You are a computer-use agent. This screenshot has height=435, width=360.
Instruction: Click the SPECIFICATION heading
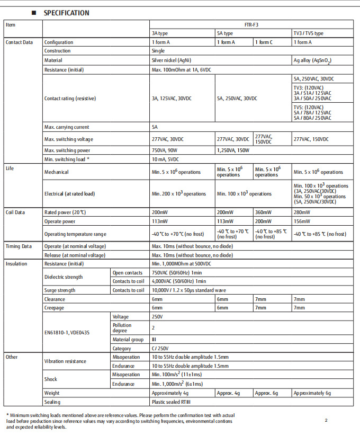pyautogui.click(x=66, y=13)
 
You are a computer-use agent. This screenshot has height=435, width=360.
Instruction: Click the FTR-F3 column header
pyautogui.click(x=250, y=24)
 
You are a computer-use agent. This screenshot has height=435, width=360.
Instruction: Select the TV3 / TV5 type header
pyautogui.click(x=308, y=33)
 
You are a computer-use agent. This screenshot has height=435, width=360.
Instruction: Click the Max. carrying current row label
pyautogui.click(x=67, y=127)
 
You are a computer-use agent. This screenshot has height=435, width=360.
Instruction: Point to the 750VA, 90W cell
pyautogui.click(x=165, y=150)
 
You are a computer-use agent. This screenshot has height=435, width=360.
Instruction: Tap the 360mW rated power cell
pyautogui.click(x=263, y=212)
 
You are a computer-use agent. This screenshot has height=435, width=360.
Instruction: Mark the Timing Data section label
pyautogui.click(x=19, y=246)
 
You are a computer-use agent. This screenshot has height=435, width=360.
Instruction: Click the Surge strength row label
pyautogui.click(x=60, y=290)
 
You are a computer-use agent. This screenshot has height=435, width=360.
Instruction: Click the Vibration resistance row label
pyautogui.click(x=65, y=361)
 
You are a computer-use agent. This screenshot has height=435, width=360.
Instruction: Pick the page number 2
pyautogui.click(x=326, y=421)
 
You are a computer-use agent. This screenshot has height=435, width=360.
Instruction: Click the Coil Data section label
pyautogui.click(x=16, y=212)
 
